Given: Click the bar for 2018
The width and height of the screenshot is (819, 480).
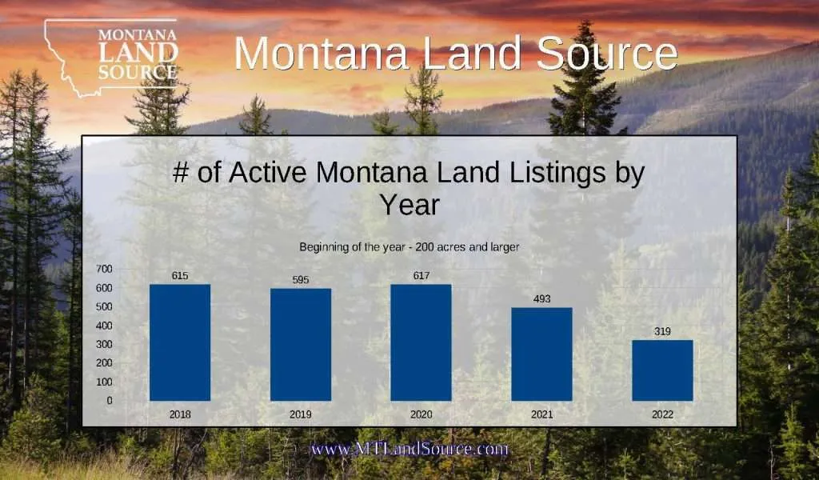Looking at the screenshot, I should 180,342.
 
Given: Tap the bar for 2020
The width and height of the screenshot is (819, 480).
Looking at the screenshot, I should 421,342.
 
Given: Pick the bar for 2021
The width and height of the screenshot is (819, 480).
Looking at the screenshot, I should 541,354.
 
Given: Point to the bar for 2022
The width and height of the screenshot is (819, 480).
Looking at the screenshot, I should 662,370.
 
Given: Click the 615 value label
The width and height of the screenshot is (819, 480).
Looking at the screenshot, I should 180,275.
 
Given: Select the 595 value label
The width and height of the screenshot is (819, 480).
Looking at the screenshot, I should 301,279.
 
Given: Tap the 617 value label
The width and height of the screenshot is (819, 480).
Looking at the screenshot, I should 421,275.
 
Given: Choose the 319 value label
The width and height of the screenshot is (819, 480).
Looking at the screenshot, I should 662,331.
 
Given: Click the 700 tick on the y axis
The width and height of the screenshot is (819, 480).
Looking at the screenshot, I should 104,269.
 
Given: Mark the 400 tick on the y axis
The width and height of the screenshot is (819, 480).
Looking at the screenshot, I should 104,326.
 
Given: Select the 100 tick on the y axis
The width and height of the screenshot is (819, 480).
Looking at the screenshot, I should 104,382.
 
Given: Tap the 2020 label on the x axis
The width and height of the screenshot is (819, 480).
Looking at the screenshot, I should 421,414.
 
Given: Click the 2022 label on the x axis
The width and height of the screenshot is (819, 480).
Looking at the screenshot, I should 662,414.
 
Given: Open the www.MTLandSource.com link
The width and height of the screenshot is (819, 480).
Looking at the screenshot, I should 409,450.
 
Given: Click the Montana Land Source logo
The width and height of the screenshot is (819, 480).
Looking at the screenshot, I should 112,56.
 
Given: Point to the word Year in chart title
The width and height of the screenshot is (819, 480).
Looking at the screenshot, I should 409,205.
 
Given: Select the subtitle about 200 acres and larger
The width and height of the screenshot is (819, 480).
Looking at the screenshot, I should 409,247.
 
